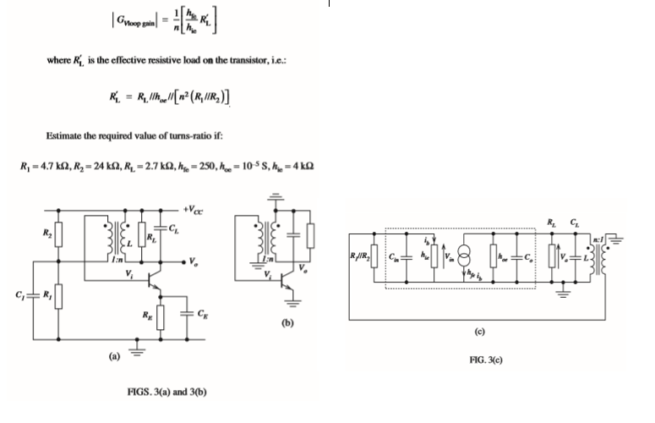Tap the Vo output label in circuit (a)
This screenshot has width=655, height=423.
pos(195,260)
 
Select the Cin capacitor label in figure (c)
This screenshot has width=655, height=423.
pos(395,252)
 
